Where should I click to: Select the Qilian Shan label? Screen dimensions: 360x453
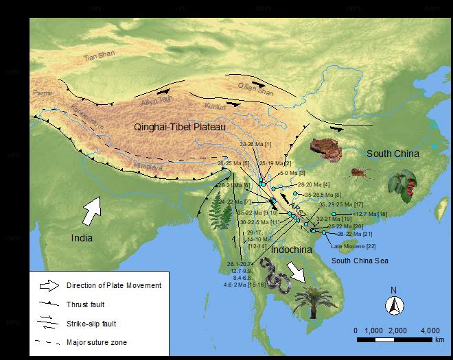pos(255,91)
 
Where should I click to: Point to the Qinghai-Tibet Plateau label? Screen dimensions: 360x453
pos(179,127)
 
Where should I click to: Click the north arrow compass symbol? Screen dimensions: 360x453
pos(394,304)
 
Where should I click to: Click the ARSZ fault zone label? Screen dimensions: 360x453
pos(296,207)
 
